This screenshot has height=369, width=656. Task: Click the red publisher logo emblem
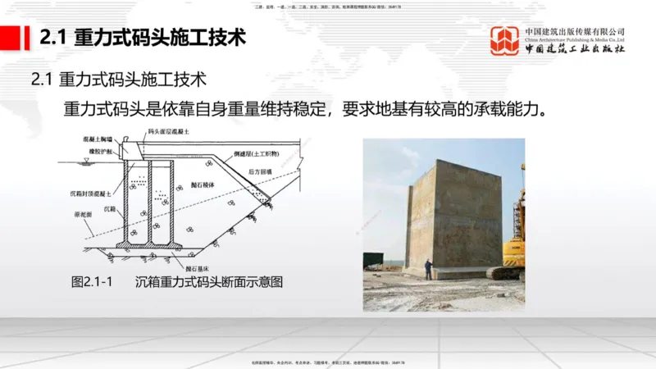tap(505, 40)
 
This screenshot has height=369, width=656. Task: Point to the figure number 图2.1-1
tap(90, 281)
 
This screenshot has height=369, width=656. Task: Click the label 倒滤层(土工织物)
tap(255, 153)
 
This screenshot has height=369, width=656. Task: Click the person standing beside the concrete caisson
tap(427, 268)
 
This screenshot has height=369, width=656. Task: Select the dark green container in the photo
tap(374, 261)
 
